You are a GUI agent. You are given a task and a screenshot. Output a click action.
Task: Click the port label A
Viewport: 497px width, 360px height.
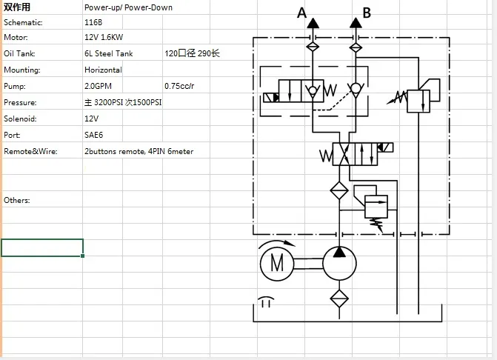[301, 13]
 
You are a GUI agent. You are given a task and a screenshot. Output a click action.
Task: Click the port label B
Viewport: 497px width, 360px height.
[366, 13]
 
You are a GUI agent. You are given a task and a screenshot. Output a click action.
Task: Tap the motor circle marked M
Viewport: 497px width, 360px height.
[276, 263]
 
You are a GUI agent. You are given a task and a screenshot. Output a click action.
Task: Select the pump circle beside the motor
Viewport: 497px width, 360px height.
[339, 263]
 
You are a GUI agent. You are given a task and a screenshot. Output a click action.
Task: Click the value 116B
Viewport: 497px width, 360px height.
[93, 22]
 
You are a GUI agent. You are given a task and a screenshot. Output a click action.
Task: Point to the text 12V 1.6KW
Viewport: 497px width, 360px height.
[104, 37]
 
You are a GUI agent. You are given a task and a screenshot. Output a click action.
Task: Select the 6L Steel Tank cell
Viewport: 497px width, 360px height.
[109, 53]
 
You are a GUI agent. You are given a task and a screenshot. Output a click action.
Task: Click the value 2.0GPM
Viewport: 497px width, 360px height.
[99, 86]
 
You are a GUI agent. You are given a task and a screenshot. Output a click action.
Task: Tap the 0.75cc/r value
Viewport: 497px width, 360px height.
[180, 86]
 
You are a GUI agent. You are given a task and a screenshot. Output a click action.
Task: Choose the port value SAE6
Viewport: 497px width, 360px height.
[93, 135]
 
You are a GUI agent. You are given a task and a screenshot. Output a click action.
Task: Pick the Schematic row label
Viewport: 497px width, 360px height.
[23, 22]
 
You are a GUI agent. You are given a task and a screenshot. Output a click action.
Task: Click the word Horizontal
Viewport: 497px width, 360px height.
[103, 70]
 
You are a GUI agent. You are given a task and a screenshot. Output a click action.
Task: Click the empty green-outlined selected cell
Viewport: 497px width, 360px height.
[42, 247]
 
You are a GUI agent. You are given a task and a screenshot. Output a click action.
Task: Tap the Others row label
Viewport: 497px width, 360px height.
[17, 200]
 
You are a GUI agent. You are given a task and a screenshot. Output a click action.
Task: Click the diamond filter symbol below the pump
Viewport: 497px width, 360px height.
[339, 299]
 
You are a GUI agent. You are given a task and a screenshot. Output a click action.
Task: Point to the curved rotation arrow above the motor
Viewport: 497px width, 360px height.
[276, 243]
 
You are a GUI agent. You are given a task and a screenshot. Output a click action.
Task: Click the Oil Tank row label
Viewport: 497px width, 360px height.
[19, 53]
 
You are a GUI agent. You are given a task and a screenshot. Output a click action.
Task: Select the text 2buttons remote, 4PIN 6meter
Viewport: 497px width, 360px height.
[139, 151]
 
